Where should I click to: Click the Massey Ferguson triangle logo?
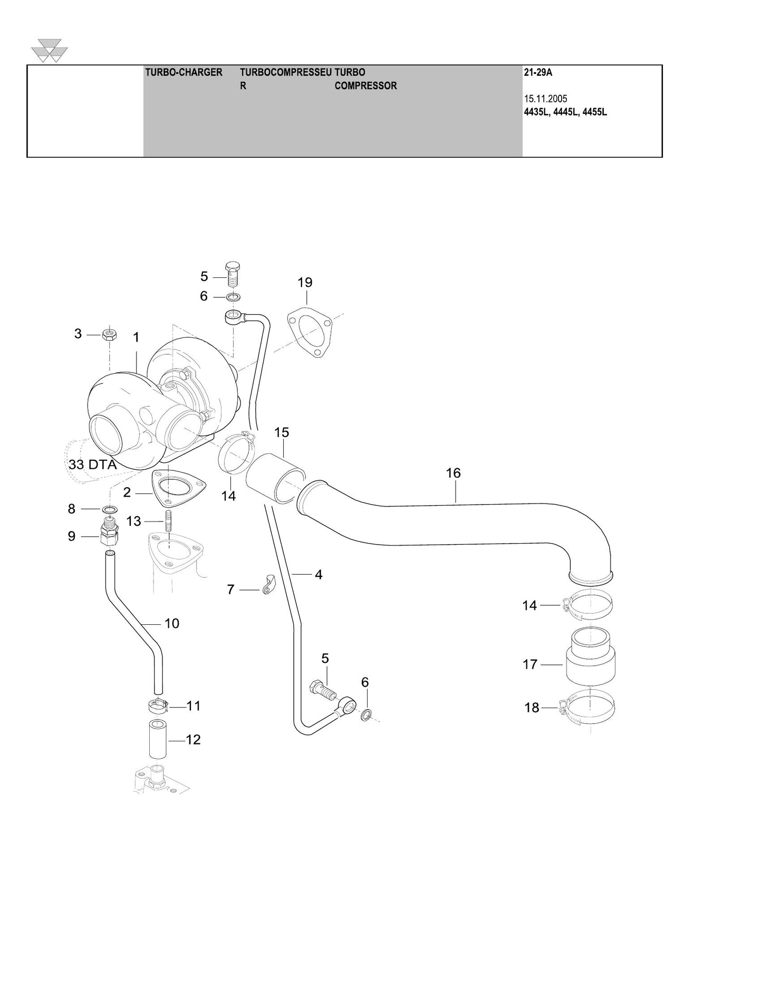click(50, 50)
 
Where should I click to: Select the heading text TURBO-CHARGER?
click(184, 72)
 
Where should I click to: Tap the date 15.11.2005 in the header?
click(546, 99)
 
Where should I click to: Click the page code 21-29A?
click(538, 72)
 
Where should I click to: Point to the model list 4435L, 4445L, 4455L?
click(566, 112)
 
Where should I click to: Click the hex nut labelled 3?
click(109, 334)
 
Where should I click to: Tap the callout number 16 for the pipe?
click(454, 473)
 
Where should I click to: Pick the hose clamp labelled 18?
click(586, 708)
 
